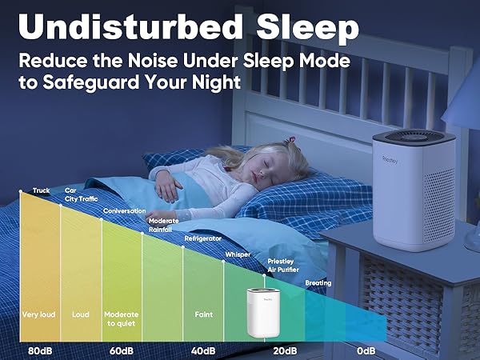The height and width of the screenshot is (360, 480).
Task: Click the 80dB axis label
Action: click(41, 350)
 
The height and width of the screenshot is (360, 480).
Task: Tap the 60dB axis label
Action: click(121, 350)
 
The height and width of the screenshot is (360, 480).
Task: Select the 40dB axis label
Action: click(203, 350)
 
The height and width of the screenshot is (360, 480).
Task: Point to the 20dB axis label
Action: click(285, 350)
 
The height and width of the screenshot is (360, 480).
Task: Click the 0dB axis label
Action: click(366, 350)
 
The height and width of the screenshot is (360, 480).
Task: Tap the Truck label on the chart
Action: click(42, 190)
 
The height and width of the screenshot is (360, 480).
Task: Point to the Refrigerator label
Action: click(203, 238)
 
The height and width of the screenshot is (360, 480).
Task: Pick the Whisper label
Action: click(238, 254)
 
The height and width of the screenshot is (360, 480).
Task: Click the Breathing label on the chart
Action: click(318, 283)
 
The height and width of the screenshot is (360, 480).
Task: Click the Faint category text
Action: click(203, 314)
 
